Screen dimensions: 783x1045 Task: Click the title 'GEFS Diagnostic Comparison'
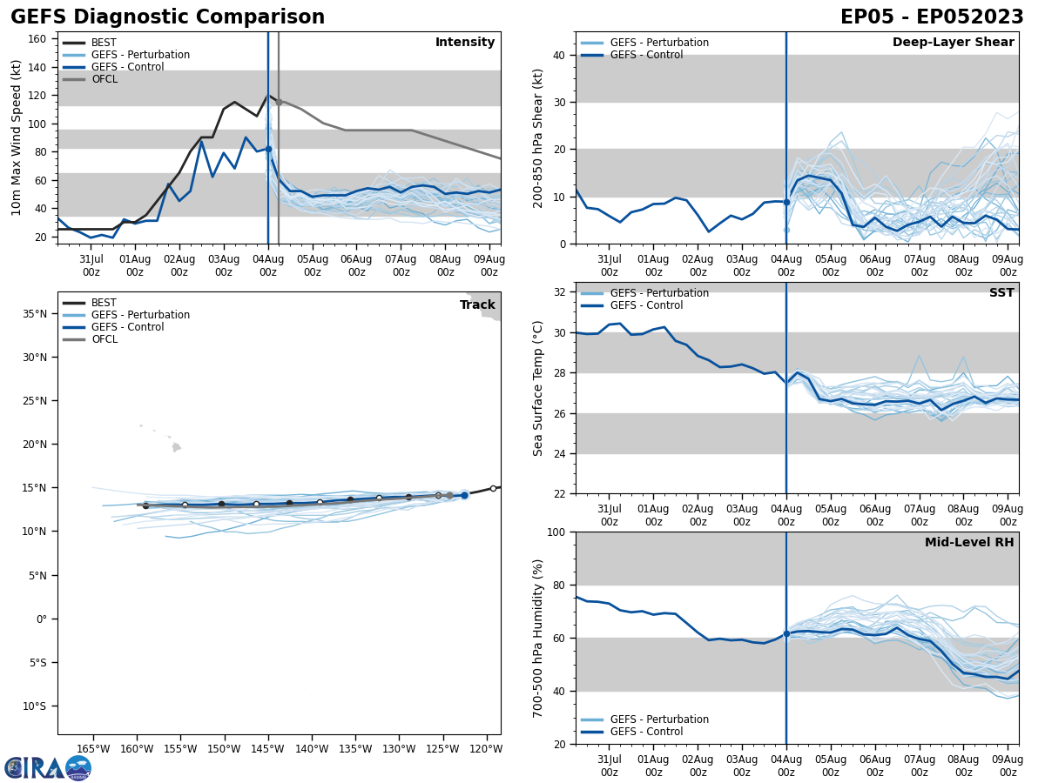click(167, 17)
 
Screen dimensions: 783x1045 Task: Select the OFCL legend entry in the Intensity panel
click(104, 79)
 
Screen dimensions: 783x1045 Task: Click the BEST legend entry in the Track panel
click(104, 303)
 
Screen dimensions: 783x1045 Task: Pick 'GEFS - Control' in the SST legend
click(646, 305)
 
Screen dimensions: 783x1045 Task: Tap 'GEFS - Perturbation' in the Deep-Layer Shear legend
click(659, 43)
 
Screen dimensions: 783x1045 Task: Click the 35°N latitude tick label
click(34, 313)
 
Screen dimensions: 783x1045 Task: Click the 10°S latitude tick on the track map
click(34, 706)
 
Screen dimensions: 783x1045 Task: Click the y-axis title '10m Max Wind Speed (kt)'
click(17, 137)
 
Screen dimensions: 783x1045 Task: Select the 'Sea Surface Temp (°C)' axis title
click(538, 388)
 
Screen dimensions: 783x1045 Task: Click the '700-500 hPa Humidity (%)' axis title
click(538, 638)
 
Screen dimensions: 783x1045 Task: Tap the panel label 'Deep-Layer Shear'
click(953, 43)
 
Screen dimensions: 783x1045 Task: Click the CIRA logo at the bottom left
click(47, 768)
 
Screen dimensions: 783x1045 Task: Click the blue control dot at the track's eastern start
click(464, 495)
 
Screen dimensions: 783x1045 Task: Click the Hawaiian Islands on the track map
click(175, 447)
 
